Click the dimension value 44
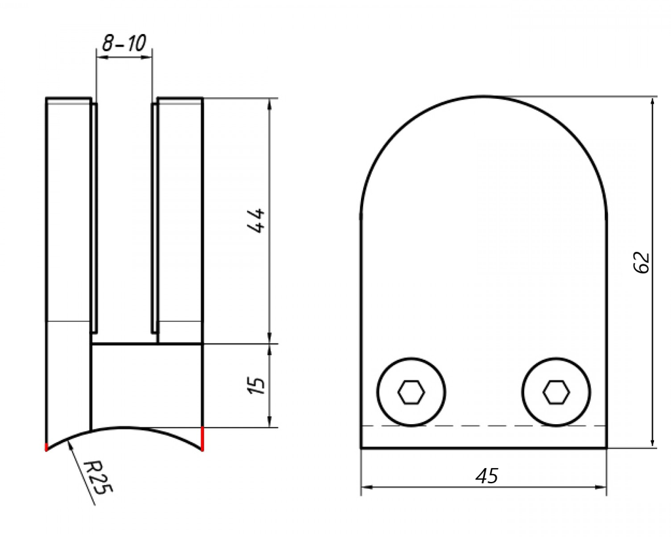[x=256, y=221]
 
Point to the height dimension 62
[x=642, y=262]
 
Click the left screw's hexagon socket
[x=412, y=392]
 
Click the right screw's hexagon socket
[x=556, y=392]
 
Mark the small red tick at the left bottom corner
[x=46, y=448]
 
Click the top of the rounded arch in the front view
[x=484, y=96]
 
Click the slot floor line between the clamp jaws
[x=124, y=343]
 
